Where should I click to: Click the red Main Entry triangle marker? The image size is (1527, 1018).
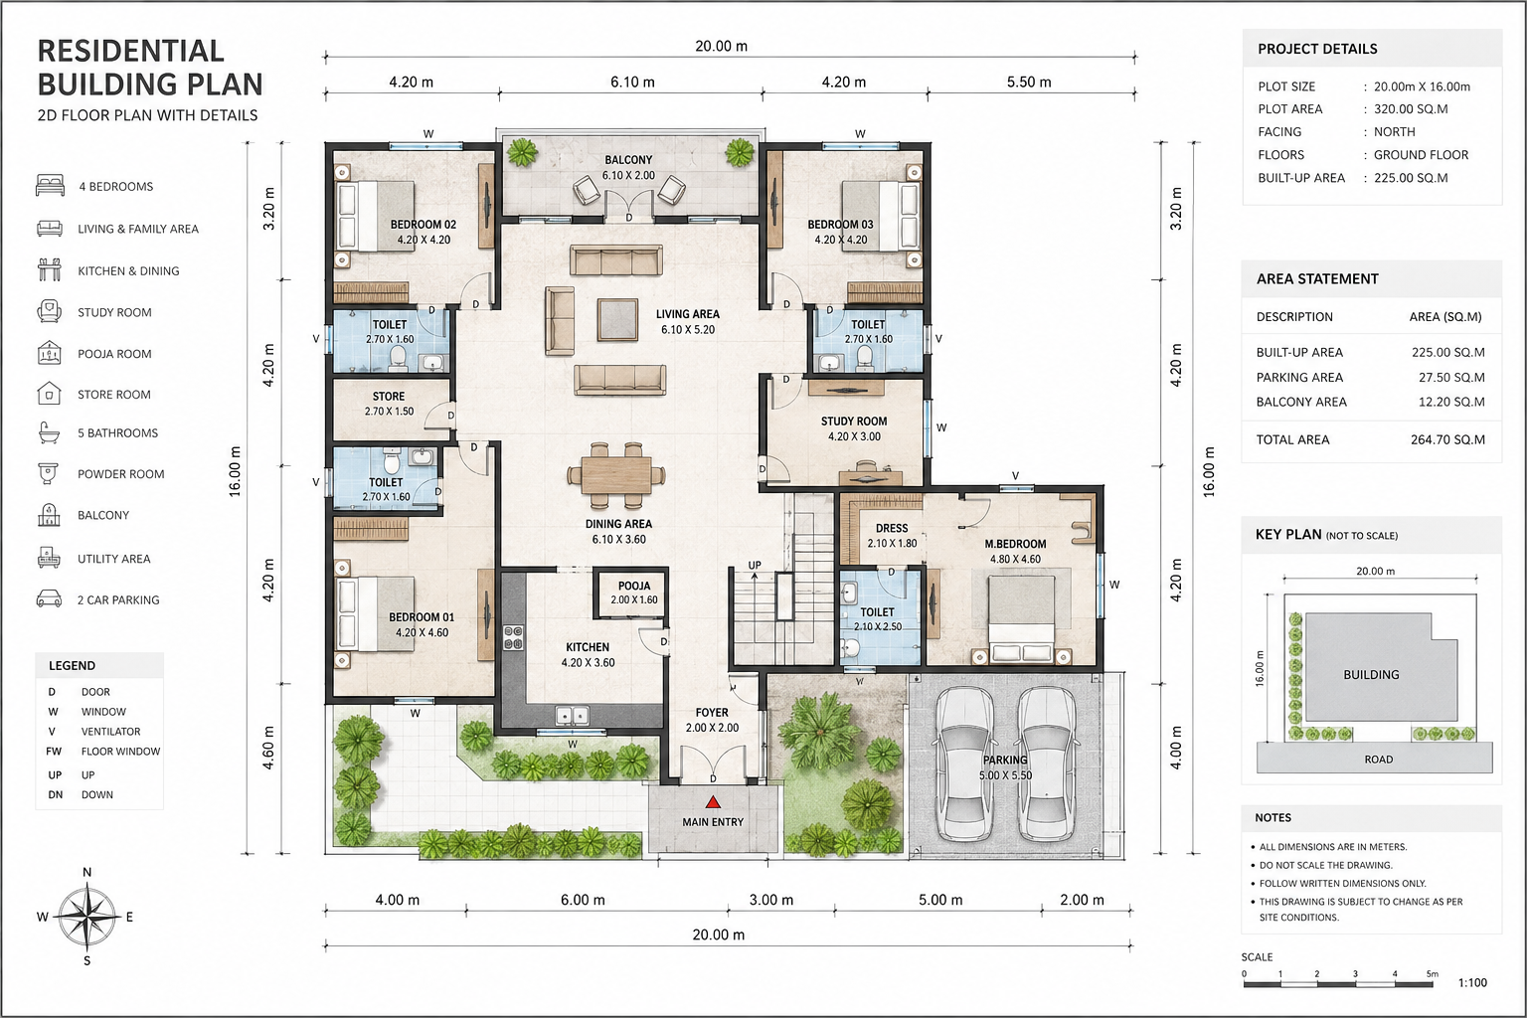(x=713, y=802)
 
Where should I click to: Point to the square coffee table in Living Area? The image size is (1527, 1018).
(x=617, y=319)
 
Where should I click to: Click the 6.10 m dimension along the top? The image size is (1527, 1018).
(x=632, y=83)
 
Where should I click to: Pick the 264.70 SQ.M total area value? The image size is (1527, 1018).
(x=1447, y=439)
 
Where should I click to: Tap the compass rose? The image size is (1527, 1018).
(x=87, y=916)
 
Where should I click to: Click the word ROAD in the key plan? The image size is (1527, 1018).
(x=1379, y=759)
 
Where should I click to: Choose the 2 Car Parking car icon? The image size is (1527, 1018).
(x=49, y=598)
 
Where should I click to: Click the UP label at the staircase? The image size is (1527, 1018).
(x=755, y=566)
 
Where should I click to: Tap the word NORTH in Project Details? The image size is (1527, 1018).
(x=1394, y=131)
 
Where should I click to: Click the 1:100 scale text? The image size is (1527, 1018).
(x=1472, y=982)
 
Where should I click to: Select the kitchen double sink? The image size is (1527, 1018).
(x=572, y=715)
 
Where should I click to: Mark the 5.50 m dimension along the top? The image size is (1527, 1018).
(x=1029, y=83)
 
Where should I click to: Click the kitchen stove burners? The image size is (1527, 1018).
(x=513, y=637)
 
